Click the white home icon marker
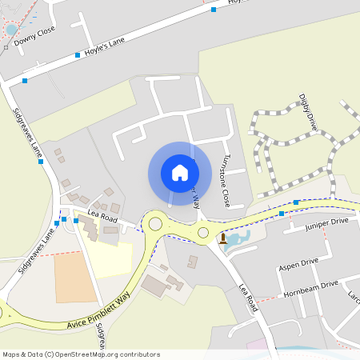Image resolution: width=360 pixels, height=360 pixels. pyautogui.click(x=180, y=172)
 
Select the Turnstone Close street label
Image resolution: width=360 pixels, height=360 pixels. pyautogui.click(x=226, y=180)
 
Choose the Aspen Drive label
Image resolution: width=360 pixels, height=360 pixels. pyautogui.click(x=298, y=262)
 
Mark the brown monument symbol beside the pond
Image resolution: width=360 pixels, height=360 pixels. pyautogui.click(x=222, y=238)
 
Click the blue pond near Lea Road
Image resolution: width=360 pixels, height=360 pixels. pyautogui.click(x=238, y=238)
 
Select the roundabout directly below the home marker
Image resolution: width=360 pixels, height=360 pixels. pyautogui.click(x=155, y=224)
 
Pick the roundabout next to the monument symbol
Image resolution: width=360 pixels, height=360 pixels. pyautogui.click(x=203, y=233)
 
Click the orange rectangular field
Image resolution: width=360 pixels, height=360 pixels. pyautogui.click(x=75, y=278)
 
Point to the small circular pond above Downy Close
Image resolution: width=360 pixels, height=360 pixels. pyautogui.click(x=11, y=30)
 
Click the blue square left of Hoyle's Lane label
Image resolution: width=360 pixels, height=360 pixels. pyautogui.click(x=78, y=54)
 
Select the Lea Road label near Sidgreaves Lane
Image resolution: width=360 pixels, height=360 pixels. pyautogui.click(x=103, y=218)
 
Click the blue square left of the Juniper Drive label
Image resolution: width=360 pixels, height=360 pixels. pyautogui.click(x=282, y=214)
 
